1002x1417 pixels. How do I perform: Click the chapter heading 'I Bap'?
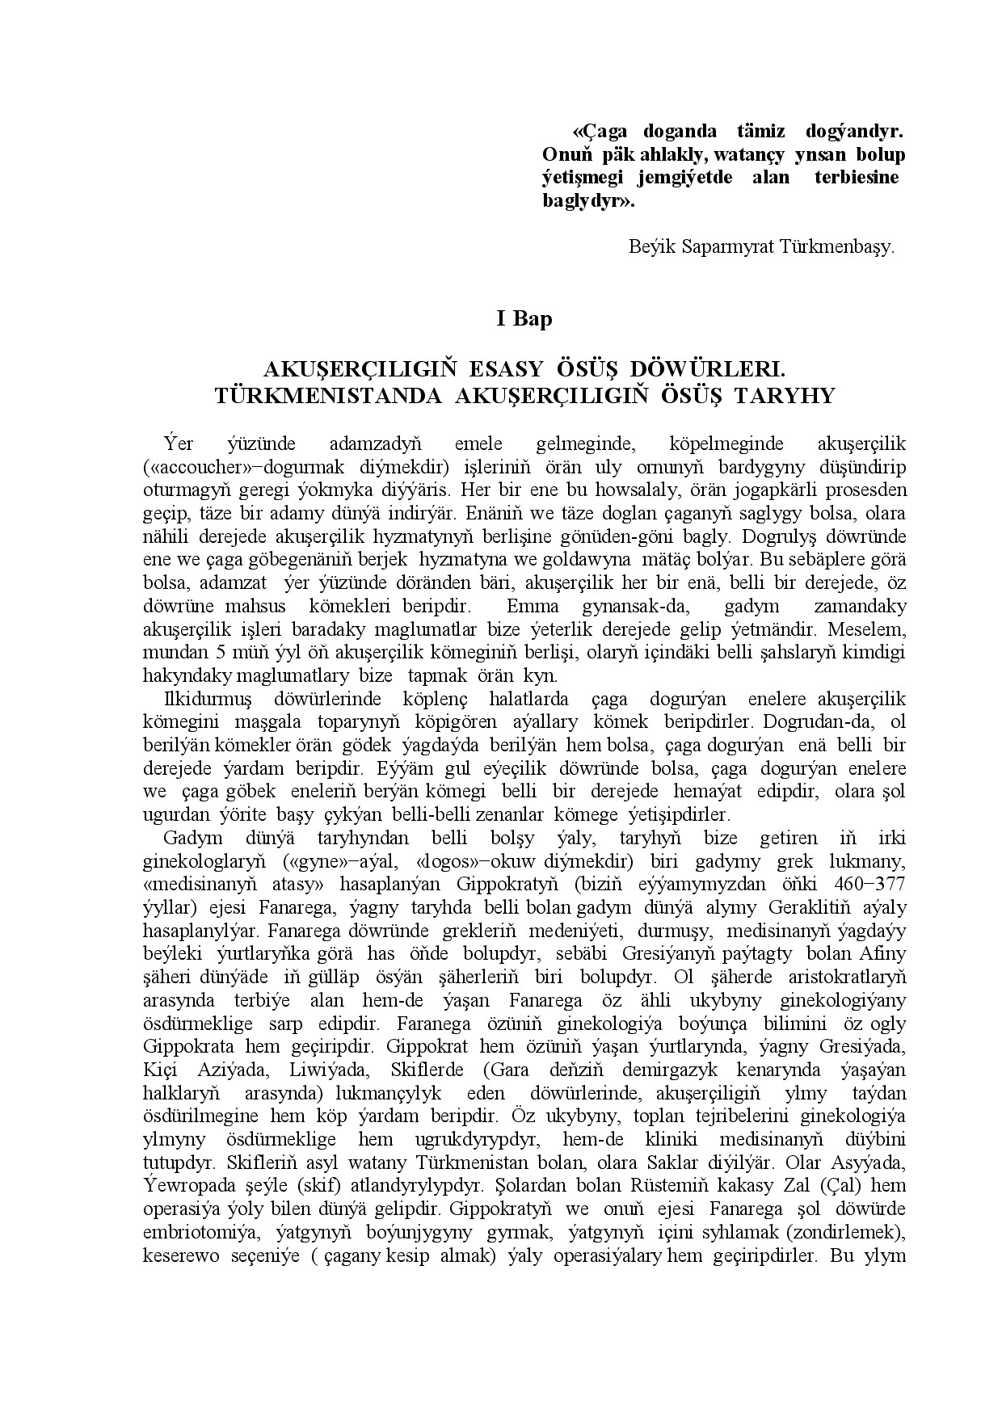(524, 319)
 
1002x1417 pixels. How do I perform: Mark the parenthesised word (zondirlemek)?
(844, 1234)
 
